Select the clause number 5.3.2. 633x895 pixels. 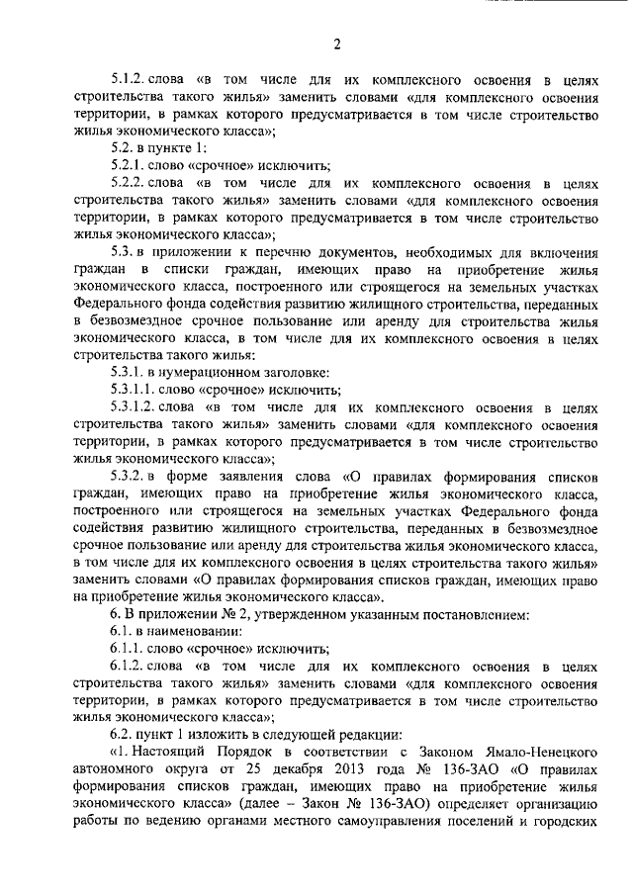coord(129,474)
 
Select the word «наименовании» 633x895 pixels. coord(194,631)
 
